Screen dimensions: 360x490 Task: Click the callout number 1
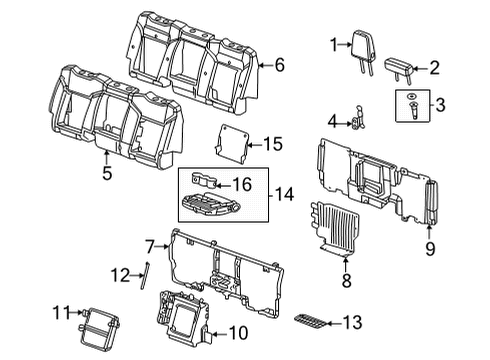click(x=334, y=43)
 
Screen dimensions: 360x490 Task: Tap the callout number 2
click(x=435, y=68)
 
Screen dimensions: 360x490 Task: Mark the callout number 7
click(x=150, y=245)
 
